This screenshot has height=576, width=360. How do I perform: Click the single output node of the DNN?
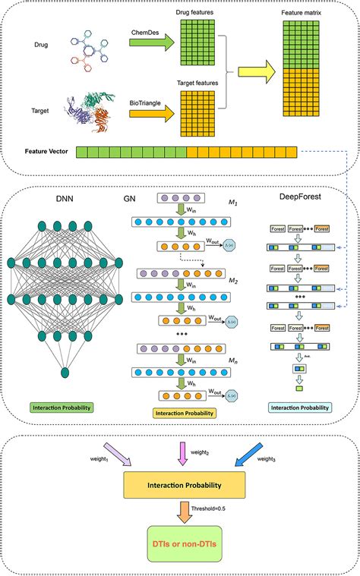(x=65, y=372)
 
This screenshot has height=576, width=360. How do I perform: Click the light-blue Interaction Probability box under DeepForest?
(x=301, y=408)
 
